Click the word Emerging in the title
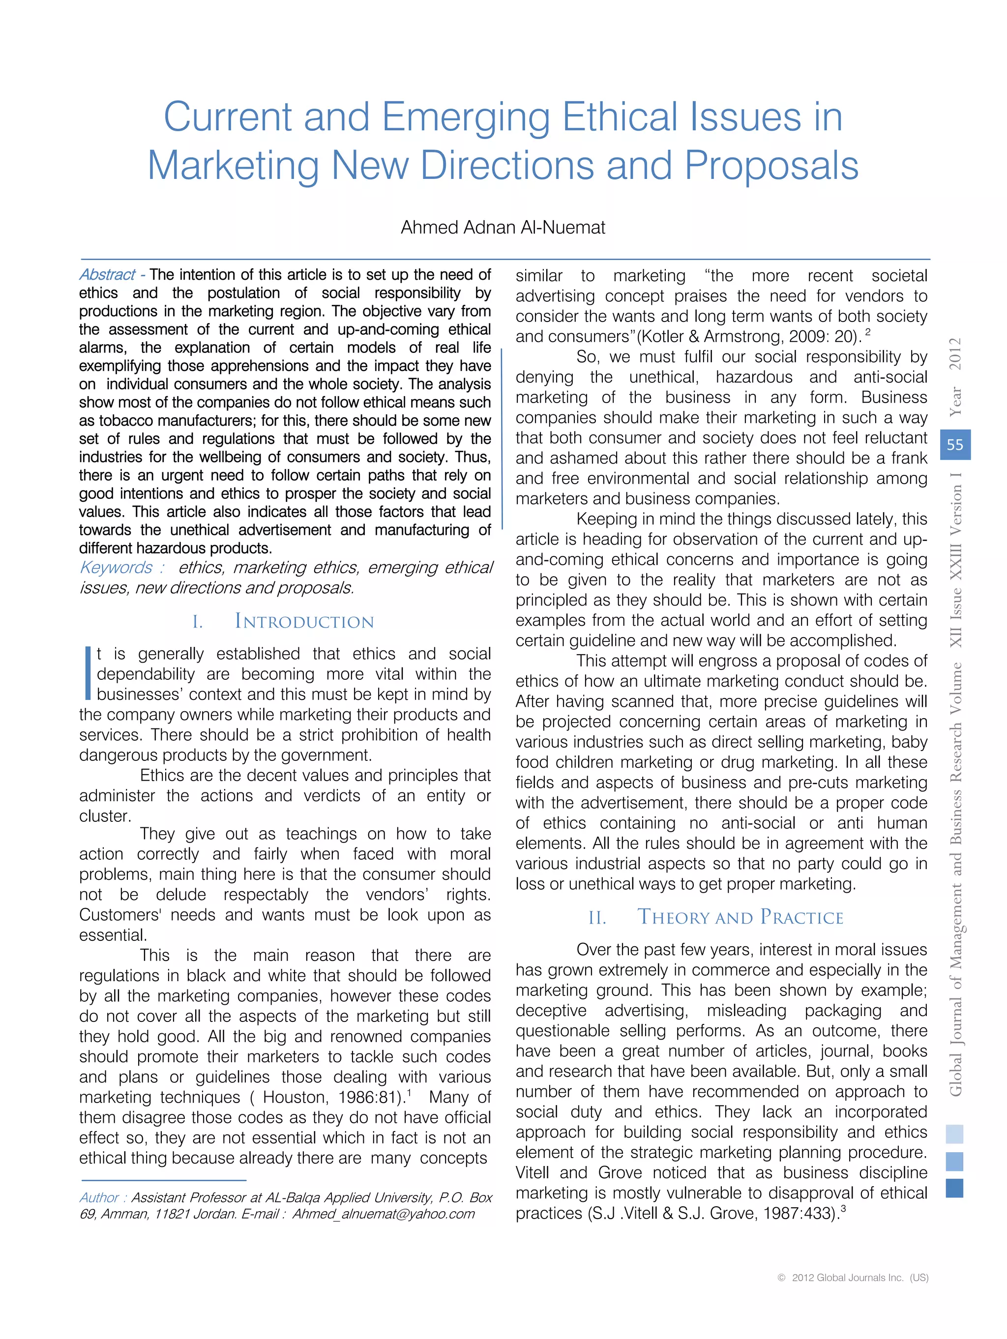[x=465, y=117]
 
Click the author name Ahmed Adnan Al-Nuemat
[x=503, y=228]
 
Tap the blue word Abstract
[x=107, y=275]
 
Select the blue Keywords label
[x=116, y=568]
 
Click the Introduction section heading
[x=304, y=622]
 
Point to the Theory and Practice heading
[x=740, y=917]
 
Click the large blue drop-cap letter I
[x=88, y=673]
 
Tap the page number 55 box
[x=955, y=445]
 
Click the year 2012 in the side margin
[x=955, y=353]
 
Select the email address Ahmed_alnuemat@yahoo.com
[x=384, y=1214]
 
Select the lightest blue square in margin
[x=954, y=1134]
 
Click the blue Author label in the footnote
[x=99, y=1197]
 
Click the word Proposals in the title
[x=771, y=165]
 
